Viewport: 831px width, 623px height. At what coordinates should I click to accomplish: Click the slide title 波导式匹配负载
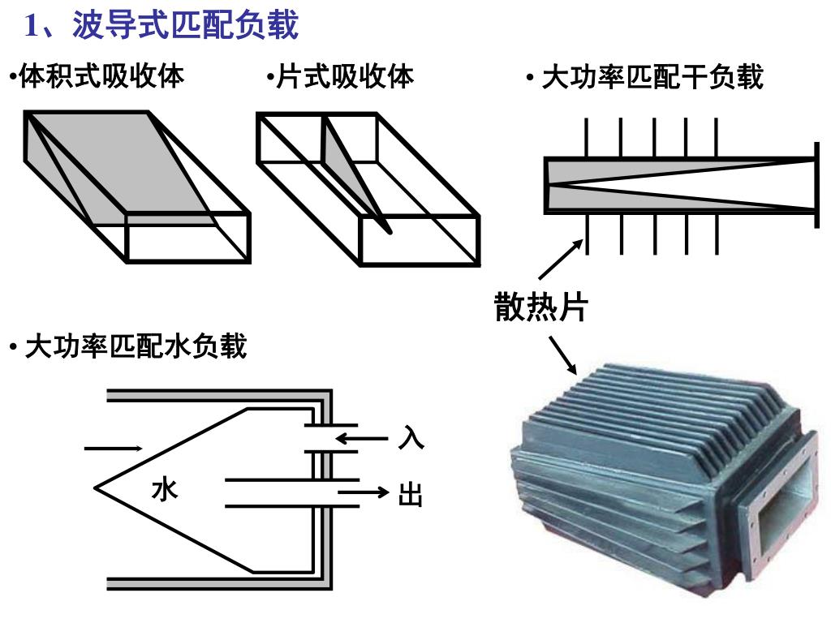pyautogui.click(x=185, y=25)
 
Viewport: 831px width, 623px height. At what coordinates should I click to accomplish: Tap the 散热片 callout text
pyautogui.click(x=540, y=307)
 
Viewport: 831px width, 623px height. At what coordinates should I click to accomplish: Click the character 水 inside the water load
pyautogui.click(x=165, y=489)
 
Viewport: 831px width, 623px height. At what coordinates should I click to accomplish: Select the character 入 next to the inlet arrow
pyautogui.click(x=411, y=440)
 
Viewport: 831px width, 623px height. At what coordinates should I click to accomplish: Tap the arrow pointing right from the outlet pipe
pyautogui.click(x=364, y=492)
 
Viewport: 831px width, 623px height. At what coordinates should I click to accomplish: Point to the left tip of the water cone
pyautogui.click(x=97, y=488)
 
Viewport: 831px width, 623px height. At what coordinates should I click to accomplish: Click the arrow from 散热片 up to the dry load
pyautogui.click(x=561, y=259)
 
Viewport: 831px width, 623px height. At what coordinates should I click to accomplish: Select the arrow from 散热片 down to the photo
pyautogui.click(x=562, y=355)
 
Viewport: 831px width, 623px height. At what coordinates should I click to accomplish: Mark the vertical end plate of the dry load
pyautogui.click(x=815, y=183)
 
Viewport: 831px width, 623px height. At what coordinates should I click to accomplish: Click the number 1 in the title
pyautogui.click(x=32, y=27)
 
